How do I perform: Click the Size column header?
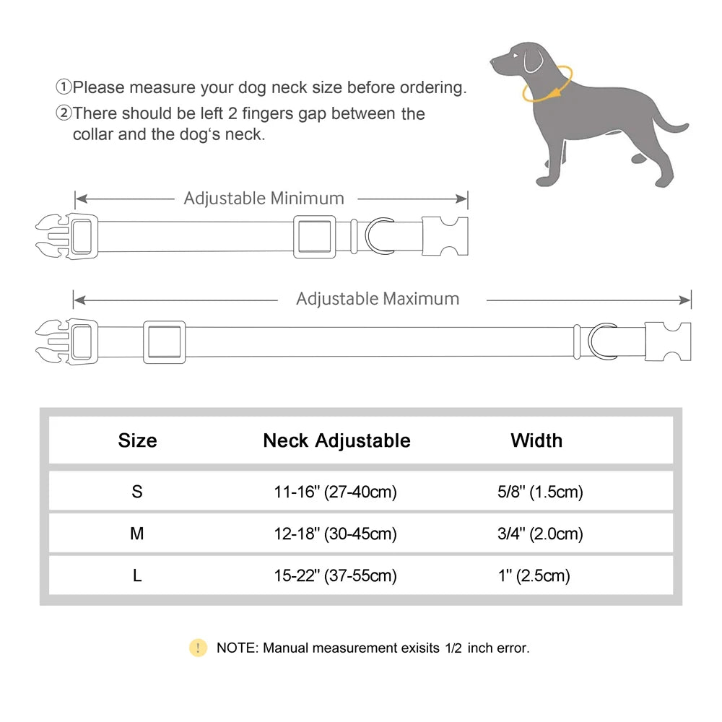pyautogui.click(x=137, y=440)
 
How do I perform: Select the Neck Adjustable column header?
pyautogui.click(x=336, y=440)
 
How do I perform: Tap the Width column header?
pyautogui.click(x=536, y=440)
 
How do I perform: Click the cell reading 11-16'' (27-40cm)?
pyautogui.click(x=336, y=492)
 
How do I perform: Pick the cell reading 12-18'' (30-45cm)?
pyautogui.click(x=336, y=534)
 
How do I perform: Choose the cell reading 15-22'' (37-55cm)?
pyautogui.click(x=336, y=576)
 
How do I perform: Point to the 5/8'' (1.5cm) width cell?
pyautogui.click(x=536, y=492)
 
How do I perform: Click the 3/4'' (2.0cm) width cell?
pyautogui.click(x=536, y=534)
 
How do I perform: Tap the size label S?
pyautogui.click(x=137, y=492)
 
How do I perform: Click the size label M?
pyautogui.click(x=137, y=534)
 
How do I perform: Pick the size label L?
pyautogui.click(x=137, y=576)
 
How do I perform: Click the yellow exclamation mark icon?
pyautogui.click(x=198, y=648)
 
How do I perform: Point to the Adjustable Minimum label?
pyautogui.click(x=264, y=198)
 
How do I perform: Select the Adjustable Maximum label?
pyautogui.click(x=378, y=299)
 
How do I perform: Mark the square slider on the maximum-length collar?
pyautogui.click(x=164, y=342)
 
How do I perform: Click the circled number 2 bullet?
pyautogui.click(x=64, y=113)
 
